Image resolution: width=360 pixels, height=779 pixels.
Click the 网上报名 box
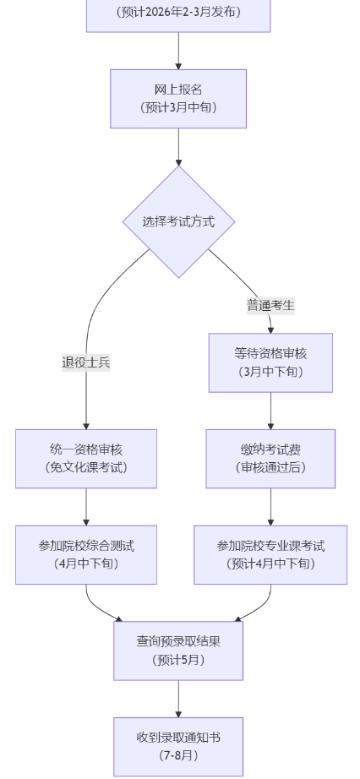click(x=178, y=99)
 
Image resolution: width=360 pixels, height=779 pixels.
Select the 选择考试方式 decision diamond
click(x=178, y=222)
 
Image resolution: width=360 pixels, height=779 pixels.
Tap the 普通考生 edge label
click(x=270, y=306)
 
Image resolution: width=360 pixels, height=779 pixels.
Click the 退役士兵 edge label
click(x=86, y=362)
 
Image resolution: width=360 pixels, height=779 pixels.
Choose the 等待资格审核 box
click(x=270, y=362)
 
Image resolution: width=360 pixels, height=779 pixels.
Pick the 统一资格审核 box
click(x=86, y=459)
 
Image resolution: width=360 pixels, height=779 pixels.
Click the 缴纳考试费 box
click(x=270, y=459)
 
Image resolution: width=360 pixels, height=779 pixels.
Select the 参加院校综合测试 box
click(x=86, y=555)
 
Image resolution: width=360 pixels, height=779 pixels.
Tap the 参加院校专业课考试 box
click(x=270, y=555)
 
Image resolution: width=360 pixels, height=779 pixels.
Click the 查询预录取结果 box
click(x=178, y=651)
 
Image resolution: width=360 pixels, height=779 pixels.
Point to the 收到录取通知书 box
click(x=178, y=747)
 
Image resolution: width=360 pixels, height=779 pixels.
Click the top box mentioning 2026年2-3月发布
click(x=178, y=14)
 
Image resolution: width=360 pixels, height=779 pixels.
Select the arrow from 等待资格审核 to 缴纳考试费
click(x=270, y=411)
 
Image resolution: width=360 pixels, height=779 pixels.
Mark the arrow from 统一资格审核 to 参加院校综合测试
click(x=86, y=507)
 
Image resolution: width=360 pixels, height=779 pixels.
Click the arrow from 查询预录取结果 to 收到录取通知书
click(x=178, y=699)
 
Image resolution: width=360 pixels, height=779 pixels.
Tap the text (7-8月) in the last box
click(x=178, y=755)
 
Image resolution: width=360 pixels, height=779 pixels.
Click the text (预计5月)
click(x=178, y=660)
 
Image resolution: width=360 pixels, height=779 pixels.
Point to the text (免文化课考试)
click(x=86, y=467)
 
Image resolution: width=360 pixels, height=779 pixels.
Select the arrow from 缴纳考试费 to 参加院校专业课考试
click(x=270, y=507)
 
